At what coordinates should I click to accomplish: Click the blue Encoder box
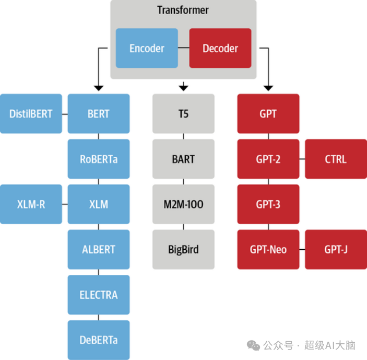(x=147, y=48)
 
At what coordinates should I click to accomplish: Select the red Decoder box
(x=220, y=48)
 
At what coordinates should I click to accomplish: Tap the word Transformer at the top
(x=183, y=10)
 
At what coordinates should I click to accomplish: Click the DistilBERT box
(x=31, y=113)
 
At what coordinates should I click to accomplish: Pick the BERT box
(x=99, y=113)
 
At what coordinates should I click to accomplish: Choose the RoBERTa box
(x=99, y=159)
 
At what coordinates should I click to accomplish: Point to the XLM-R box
(x=31, y=204)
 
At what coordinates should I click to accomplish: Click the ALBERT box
(x=99, y=249)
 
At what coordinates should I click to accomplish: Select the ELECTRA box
(x=99, y=295)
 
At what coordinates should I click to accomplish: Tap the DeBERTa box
(x=99, y=340)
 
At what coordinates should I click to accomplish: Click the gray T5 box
(x=183, y=113)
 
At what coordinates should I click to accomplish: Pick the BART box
(x=183, y=159)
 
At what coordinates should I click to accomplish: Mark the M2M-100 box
(x=183, y=204)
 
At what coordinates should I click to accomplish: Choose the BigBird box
(x=183, y=249)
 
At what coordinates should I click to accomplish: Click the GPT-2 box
(x=268, y=159)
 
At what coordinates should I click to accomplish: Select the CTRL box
(x=336, y=159)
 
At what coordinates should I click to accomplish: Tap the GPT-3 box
(x=268, y=204)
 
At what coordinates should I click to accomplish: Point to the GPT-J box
(x=336, y=249)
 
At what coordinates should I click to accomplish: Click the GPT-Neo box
(x=268, y=249)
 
